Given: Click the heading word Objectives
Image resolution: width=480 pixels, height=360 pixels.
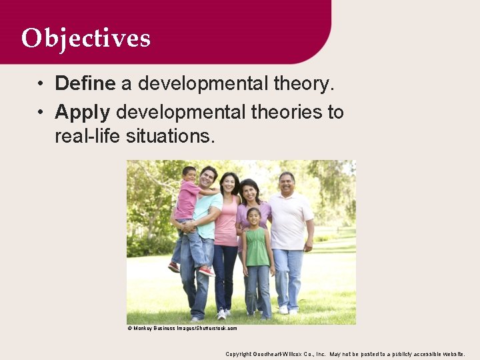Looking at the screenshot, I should tap(85, 38).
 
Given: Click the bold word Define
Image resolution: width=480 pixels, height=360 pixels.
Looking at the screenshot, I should tap(85, 83).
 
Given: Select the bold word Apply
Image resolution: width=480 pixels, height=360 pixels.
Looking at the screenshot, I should tap(82, 111).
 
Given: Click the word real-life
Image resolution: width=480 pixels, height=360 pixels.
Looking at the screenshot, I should tap(88, 136).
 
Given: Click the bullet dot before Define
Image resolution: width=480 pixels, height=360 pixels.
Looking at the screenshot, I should tap(41, 84).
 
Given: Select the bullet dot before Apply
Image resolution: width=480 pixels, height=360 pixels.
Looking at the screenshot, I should tap(41, 112).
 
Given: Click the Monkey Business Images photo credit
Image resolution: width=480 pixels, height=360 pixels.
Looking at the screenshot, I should tap(182, 328).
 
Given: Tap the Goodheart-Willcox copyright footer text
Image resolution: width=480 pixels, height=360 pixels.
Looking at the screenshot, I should tap(345, 354).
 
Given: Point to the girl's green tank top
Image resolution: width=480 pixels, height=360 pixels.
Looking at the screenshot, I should tap(257, 247).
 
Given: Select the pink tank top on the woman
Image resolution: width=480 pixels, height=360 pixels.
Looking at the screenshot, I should tap(227, 223).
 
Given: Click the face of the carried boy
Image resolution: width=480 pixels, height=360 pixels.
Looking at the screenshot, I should tap(190, 175).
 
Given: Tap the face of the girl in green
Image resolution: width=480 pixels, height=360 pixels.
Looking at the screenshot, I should tap(254, 217).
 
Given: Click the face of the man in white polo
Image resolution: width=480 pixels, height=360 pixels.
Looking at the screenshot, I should tap(286, 182).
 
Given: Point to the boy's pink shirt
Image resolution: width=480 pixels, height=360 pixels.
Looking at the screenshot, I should tap(187, 200).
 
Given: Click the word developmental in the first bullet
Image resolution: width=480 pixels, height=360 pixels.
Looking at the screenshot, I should tap(203, 83).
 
